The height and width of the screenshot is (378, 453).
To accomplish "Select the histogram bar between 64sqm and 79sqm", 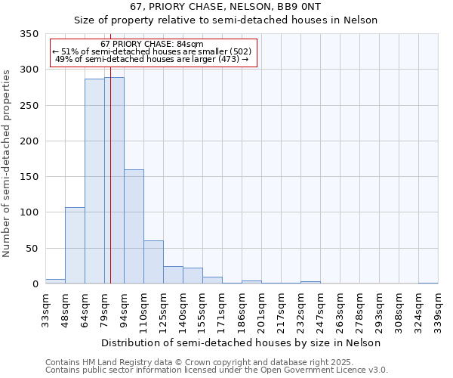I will coord(94,181).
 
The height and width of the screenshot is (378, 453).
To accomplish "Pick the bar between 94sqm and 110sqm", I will coord(134,227).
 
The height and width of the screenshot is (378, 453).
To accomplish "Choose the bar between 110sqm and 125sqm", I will coord(153,262).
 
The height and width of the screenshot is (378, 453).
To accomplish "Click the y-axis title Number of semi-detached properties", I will coord(7,163).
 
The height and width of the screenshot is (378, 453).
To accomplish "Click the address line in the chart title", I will coord(225,7).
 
